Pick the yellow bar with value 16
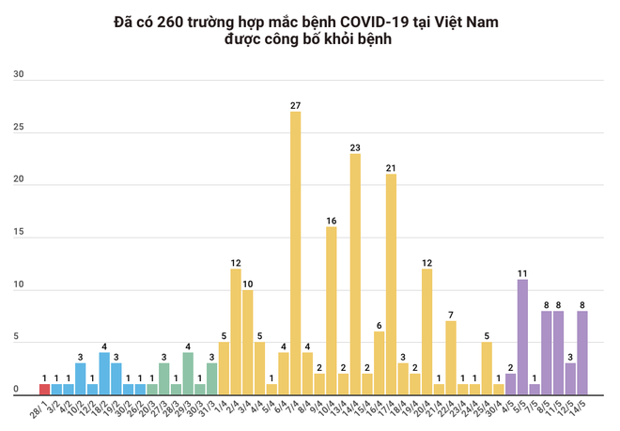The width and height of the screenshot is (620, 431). (x=331, y=310)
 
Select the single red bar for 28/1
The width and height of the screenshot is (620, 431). (x=44, y=389)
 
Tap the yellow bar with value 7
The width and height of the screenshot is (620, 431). (x=450, y=358)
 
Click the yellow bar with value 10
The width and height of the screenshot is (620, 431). (x=247, y=342)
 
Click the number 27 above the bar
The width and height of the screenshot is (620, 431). (x=295, y=105)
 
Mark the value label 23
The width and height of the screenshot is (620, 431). (x=355, y=147)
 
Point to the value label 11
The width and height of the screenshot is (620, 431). (x=521, y=273)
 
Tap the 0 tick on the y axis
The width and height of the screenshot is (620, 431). (x=16, y=389)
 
